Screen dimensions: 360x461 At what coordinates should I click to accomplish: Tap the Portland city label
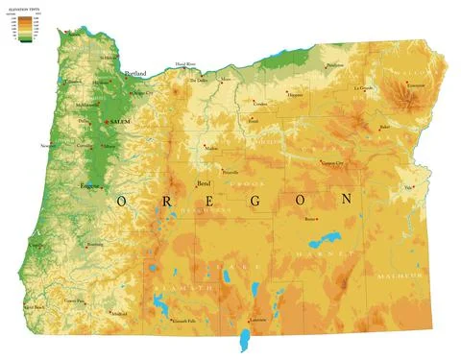click(x=135, y=73)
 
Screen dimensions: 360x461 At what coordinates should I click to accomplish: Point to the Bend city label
click(x=203, y=182)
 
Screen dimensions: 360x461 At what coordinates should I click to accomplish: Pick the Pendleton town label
click(x=334, y=65)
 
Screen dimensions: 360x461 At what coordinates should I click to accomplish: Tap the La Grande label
click(x=363, y=87)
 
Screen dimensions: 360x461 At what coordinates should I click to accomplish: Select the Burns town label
click(x=309, y=219)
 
